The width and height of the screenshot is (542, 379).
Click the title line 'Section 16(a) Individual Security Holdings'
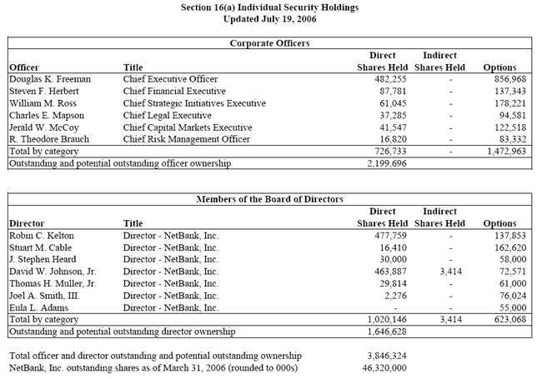pos(271,7)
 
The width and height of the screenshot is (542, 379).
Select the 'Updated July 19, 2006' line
pos(271,18)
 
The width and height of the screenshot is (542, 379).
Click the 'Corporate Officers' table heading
pos(271,42)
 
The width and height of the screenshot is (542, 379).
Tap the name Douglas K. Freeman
pos(49,79)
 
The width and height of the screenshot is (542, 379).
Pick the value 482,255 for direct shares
pos(388,79)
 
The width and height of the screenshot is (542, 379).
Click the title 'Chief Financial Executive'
pos(173,91)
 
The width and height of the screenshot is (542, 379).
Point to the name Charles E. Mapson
pos(48,115)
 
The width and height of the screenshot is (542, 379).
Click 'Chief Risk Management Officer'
pos(186,139)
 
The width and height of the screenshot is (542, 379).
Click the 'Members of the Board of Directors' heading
pos(271,199)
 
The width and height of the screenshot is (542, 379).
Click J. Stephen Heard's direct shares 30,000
pos(390,260)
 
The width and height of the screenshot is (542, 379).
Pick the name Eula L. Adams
pos(38,307)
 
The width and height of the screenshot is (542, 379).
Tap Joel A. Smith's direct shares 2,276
pos(394,296)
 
